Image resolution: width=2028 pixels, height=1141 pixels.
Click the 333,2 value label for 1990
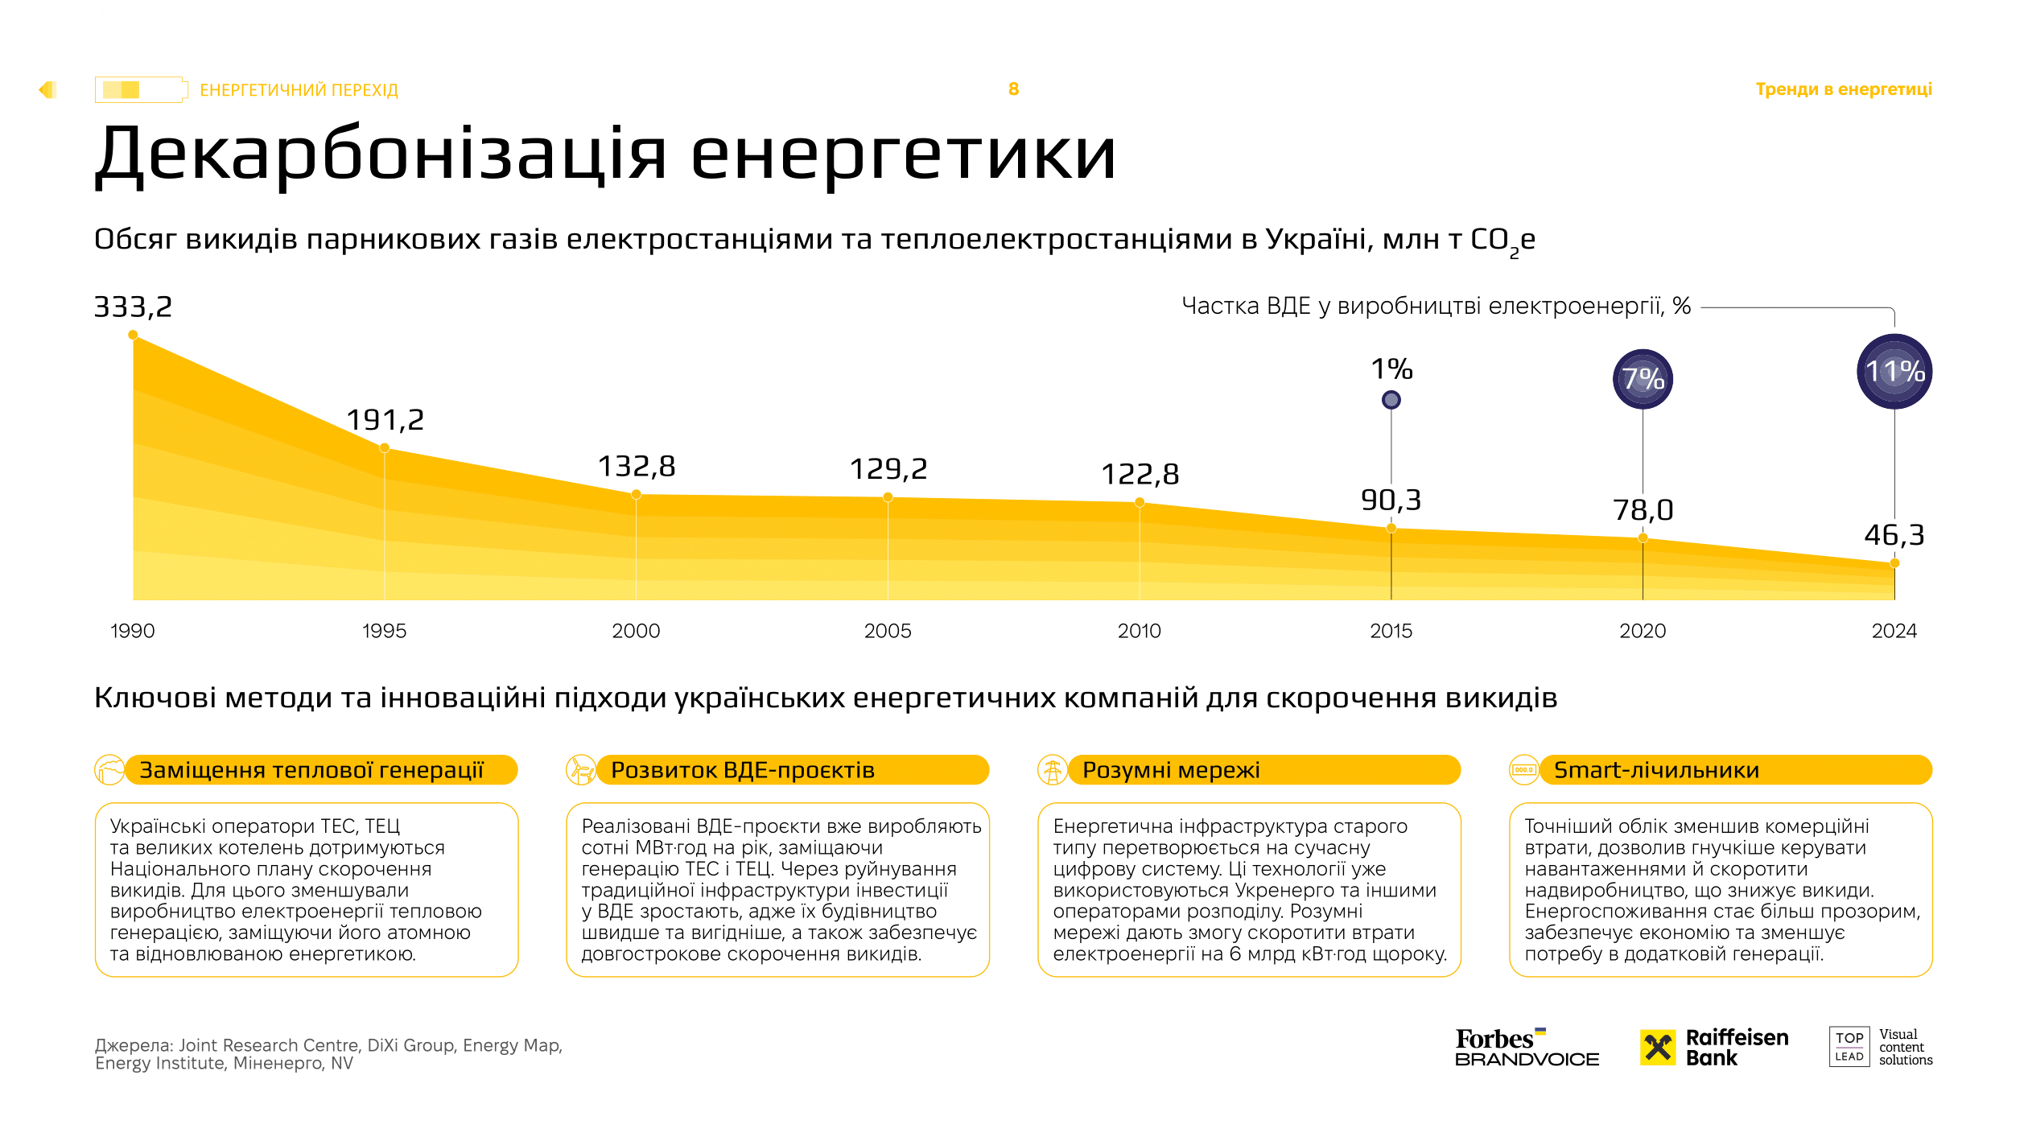pyautogui.click(x=133, y=307)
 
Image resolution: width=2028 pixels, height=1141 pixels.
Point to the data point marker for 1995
pyautogui.click(x=385, y=448)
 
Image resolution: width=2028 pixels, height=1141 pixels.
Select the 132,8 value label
pyautogui.click(x=636, y=466)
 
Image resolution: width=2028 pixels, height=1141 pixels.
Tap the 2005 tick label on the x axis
pyautogui.click(x=888, y=631)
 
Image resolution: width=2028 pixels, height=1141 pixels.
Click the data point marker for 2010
pyautogui.click(x=1140, y=502)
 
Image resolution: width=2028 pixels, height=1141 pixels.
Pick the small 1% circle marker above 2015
pyautogui.click(x=1391, y=399)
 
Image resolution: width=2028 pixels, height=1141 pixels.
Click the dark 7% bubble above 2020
pyautogui.click(x=1643, y=379)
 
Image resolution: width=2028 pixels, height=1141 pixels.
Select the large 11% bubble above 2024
pyautogui.click(x=1894, y=372)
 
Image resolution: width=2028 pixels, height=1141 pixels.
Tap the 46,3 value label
pyautogui.click(x=1894, y=535)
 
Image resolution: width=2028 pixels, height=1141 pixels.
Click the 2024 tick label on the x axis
pyautogui.click(x=1894, y=631)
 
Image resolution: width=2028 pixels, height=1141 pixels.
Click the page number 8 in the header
pyautogui.click(x=1013, y=89)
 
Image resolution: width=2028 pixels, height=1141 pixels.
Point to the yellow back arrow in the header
pyautogui.click(x=47, y=89)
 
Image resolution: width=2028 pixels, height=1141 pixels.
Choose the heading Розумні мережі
pyautogui.click(x=1170, y=770)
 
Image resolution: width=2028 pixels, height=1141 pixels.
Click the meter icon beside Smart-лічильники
pyautogui.click(x=1523, y=770)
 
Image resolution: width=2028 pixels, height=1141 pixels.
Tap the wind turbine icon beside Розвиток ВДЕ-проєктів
pyautogui.click(x=580, y=770)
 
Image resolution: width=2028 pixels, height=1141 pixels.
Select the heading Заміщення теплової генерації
pyautogui.click(x=311, y=770)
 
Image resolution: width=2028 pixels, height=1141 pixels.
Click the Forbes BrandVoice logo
pyautogui.click(x=1526, y=1048)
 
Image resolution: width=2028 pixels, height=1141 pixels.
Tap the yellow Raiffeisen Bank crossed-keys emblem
pyautogui.click(x=1658, y=1047)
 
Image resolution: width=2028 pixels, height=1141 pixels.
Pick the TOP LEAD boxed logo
pyautogui.click(x=1849, y=1047)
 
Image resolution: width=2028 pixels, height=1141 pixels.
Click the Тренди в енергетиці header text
pyautogui.click(x=1843, y=89)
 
